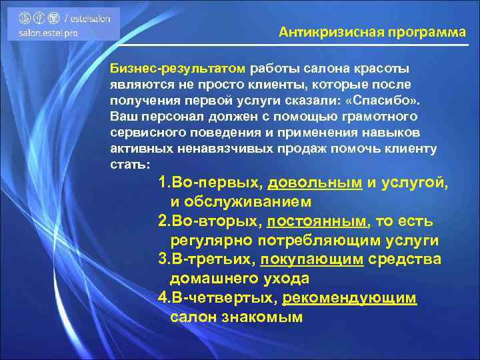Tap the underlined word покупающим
pyautogui.click(x=312, y=259)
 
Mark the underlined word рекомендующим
pyautogui.click(x=349, y=297)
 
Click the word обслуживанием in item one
pyautogui.click(x=250, y=201)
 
